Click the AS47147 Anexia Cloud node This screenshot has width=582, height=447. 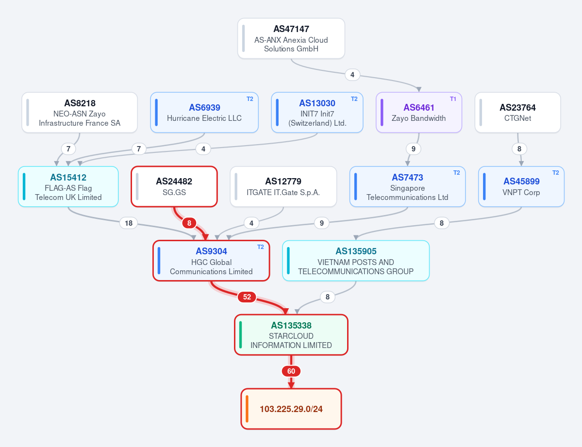[291, 39]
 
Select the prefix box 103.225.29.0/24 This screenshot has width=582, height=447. [291, 409]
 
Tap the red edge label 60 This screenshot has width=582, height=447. [291, 371]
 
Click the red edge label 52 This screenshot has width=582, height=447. [247, 297]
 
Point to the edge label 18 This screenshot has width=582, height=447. [129, 223]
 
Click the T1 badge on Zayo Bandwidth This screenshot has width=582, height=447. [453, 99]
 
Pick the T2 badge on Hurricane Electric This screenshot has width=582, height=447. [250, 99]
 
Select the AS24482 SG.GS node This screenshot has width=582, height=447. [174, 186]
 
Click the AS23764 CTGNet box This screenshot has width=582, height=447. [517, 113]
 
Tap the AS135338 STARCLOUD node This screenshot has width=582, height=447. [291, 335]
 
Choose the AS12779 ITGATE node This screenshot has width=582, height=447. [283, 186]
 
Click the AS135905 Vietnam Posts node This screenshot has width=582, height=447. [356, 261]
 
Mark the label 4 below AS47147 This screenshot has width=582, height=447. [352, 75]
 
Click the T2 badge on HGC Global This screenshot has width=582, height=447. [261, 247]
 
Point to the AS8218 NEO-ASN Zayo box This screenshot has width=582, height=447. [80, 113]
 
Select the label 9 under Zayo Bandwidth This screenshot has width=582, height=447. [413, 149]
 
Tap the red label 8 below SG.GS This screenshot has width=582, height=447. [189, 223]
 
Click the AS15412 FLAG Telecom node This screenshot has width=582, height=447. [68, 186]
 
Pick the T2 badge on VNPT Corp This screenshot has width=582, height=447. [555, 173]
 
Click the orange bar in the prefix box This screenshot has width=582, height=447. [247, 409]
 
